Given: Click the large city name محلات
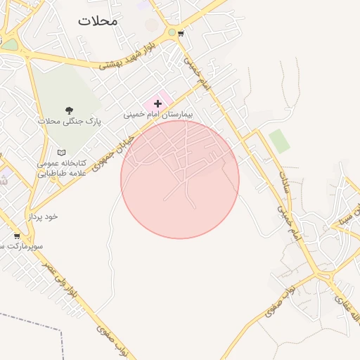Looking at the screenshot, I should [98, 20].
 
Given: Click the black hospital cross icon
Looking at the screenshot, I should [157, 103].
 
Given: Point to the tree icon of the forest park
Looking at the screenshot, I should [69, 110].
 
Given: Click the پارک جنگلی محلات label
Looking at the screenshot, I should [70, 121].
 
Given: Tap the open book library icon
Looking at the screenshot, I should [61, 153].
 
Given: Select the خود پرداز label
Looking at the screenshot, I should [43, 217].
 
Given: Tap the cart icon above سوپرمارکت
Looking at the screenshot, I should [17, 236].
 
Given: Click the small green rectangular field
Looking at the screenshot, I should [279, 141].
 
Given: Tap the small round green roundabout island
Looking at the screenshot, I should [172, 32].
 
